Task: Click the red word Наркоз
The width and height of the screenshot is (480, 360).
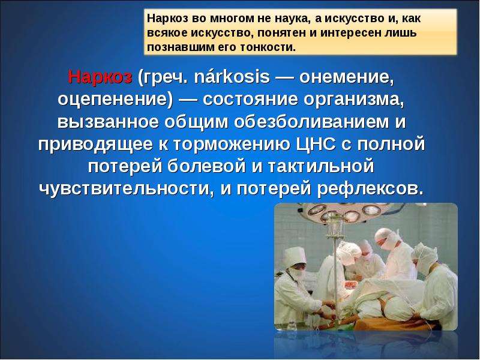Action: [100, 77]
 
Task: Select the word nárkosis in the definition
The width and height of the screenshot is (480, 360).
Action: [232, 77]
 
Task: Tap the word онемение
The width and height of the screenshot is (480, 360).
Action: [346, 77]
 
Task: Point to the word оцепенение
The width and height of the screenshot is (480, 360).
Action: [115, 100]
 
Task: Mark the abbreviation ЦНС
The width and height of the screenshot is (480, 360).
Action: [316, 144]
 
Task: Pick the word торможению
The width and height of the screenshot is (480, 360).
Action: [232, 145]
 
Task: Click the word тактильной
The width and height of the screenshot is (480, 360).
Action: [321, 166]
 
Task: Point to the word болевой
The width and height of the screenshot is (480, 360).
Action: [206, 166]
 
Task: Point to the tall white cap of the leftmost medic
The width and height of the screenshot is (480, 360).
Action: [295, 256]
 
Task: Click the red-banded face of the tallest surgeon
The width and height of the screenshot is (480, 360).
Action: [385, 242]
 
